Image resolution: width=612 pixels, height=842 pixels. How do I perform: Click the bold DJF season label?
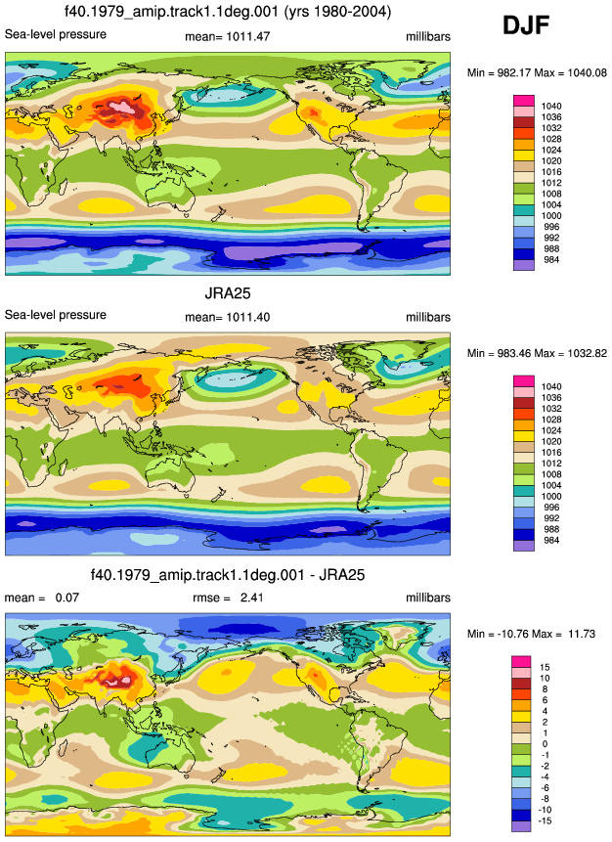pos(526,25)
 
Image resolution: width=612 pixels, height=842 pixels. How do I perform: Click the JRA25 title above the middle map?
pos(228,293)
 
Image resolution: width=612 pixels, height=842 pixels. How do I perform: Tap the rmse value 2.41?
pos(252,598)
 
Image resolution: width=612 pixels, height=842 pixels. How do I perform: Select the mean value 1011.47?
pos(248,36)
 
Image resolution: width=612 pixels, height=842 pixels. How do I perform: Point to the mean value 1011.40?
pos(248,317)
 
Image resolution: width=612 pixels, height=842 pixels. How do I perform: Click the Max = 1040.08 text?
pos(574,72)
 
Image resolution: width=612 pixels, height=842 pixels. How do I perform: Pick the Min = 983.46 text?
pos(502,353)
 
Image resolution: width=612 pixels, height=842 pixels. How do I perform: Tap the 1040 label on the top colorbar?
pos(551,107)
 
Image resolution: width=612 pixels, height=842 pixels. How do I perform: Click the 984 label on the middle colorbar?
pos(551,540)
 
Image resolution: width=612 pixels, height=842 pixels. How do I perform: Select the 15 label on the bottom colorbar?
pos(545,667)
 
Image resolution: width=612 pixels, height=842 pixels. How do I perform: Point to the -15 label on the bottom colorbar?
pos(545,820)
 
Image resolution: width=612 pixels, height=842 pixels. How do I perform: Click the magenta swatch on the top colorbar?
pos(524,101)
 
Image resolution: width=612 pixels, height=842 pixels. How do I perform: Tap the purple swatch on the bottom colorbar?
pos(521,826)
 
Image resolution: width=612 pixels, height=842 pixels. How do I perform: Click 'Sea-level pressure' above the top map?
pos(56,34)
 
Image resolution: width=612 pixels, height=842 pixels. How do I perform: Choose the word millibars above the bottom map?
pos(428,598)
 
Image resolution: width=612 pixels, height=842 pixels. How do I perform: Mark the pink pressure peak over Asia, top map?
pos(123,106)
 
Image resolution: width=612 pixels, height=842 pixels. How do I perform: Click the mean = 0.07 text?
pos(42,598)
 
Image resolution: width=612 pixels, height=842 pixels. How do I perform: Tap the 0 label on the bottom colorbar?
pos(545,744)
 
